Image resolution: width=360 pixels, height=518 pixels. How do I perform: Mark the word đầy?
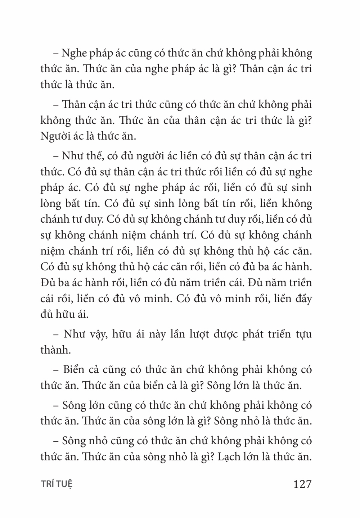[302, 299]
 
